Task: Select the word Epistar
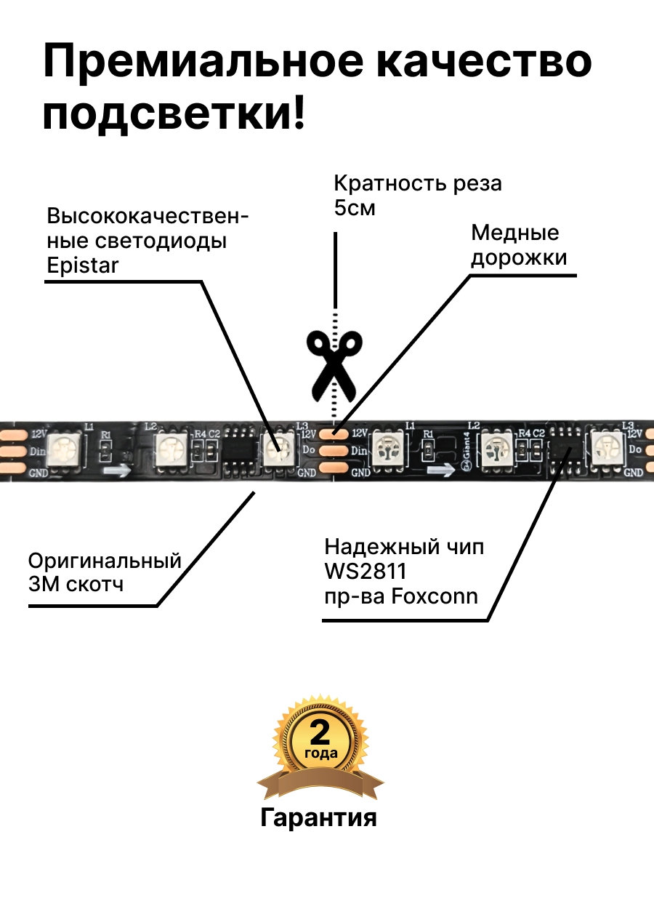(82, 265)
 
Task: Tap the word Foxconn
(435, 597)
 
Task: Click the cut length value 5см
(355, 208)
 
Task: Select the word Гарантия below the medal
(319, 818)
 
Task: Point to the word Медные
(515, 233)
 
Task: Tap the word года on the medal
(320, 753)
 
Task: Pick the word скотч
(97, 584)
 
